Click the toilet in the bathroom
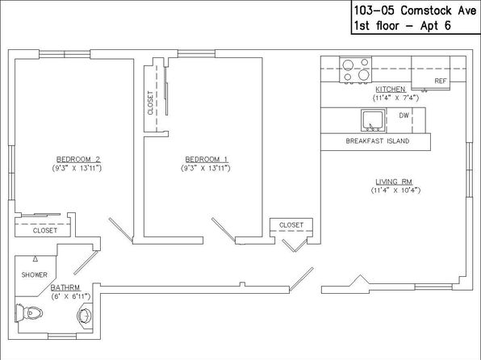(x=29, y=313)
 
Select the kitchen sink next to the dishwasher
(x=373, y=119)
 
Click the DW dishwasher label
(x=404, y=115)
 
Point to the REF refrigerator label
(x=441, y=81)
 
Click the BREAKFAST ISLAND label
(x=378, y=141)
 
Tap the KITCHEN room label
(x=391, y=89)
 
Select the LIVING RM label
(x=394, y=182)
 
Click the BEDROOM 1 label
(x=207, y=159)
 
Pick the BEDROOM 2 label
(x=78, y=159)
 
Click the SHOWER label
(x=35, y=274)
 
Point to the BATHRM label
(x=65, y=287)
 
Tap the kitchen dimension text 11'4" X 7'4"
(x=395, y=98)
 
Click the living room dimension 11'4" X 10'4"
(x=395, y=190)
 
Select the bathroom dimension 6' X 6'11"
(x=71, y=296)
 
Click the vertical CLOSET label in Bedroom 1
(x=150, y=103)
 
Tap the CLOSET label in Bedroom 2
(x=45, y=231)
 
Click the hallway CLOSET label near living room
(x=291, y=225)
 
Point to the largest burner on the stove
(x=364, y=74)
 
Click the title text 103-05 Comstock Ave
(x=416, y=10)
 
